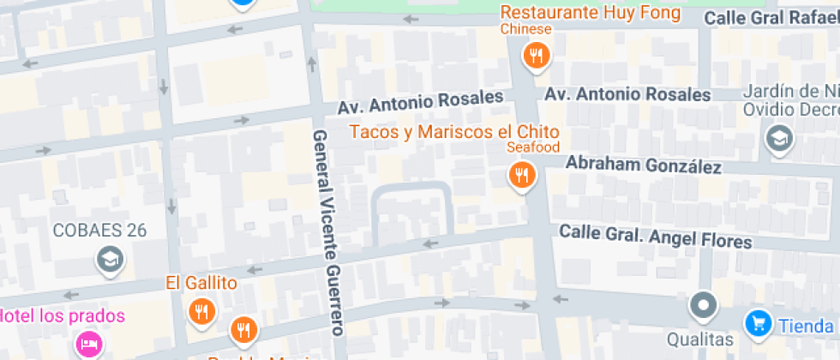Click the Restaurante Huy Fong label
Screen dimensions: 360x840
point(591,13)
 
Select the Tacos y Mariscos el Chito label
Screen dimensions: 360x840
point(454,132)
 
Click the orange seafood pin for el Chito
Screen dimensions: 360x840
point(521,177)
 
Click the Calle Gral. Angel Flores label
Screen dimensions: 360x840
point(656,236)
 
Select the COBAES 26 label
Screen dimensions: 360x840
point(99,230)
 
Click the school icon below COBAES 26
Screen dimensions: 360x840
point(110,259)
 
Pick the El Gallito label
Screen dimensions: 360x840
point(201,282)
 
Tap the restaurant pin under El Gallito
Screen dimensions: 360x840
point(202,312)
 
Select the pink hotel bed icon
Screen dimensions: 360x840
point(87,345)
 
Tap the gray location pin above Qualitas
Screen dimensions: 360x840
point(704,304)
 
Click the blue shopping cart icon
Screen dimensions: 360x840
point(758,323)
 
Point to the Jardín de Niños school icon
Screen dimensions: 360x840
point(779,137)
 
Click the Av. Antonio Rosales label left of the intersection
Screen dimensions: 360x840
point(420,103)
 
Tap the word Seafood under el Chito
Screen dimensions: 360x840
point(532,147)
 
